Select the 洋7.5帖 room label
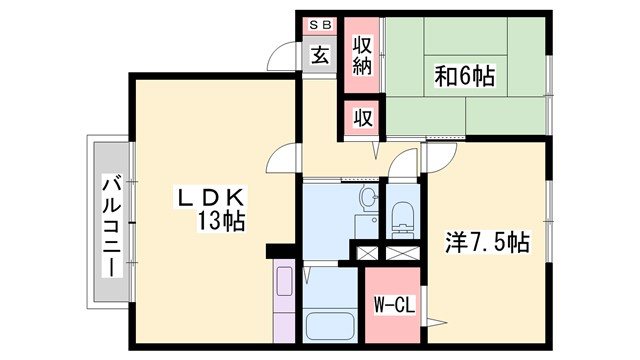pyautogui.click(x=487, y=241)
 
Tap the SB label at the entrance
pyautogui.click(x=320, y=24)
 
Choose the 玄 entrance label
pyautogui.click(x=320, y=55)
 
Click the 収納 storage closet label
pyautogui.click(x=363, y=55)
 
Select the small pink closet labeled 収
pyautogui.click(x=363, y=116)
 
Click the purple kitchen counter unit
pyautogui.click(x=284, y=300)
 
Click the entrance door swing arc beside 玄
pyautogui.click(x=284, y=55)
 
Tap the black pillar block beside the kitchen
pyautogui.click(x=279, y=251)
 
